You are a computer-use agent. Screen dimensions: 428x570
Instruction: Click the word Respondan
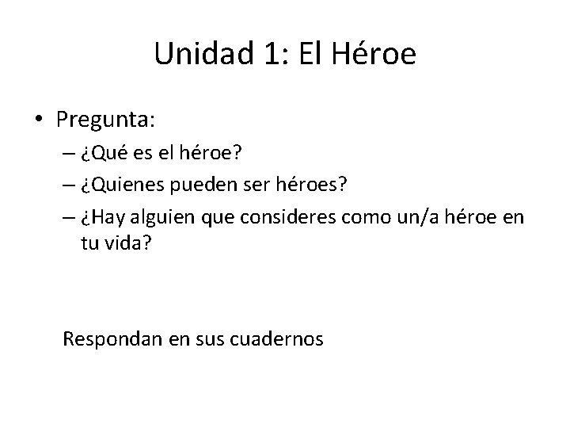point(113,339)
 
